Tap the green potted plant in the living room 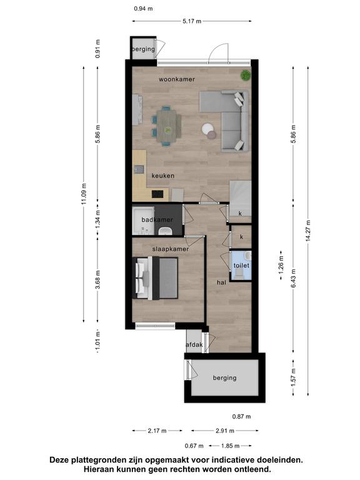(x=246, y=75)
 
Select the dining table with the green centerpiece (x=167, y=126)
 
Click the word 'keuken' (x=163, y=176)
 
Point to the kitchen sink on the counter (x=139, y=169)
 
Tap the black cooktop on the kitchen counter (x=157, y=194)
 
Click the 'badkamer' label (x=157, y=220)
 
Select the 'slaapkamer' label (x=171, y=249)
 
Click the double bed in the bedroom (x=155, y=277)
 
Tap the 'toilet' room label (x=241, y=266)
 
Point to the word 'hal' (x=221, y=282)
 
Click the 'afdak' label (x=194, y=345)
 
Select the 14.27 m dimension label (x=308, y=231)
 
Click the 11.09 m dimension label (x=84, y=194)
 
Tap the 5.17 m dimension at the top (x=192, y=21)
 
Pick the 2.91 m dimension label (x=225, y=431)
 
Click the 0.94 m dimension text (x=143, y=9)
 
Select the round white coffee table (x=207, y=129)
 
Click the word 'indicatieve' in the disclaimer (x=234, y=460)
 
